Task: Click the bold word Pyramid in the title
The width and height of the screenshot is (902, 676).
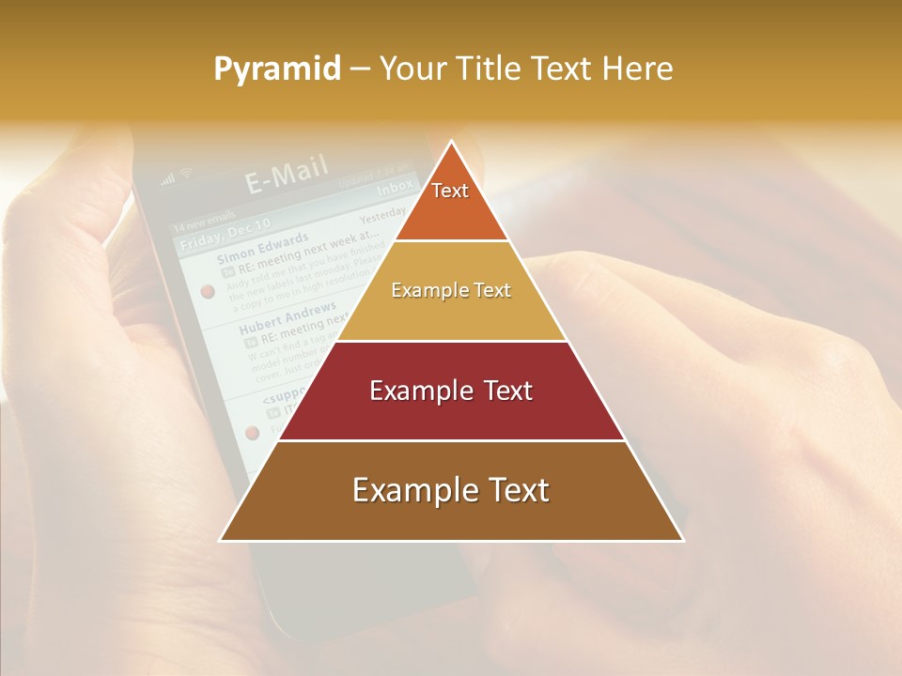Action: [x=277, y=69]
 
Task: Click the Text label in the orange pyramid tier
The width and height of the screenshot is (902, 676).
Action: [x=450, y=191]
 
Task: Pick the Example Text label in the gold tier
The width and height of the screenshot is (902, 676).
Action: [x=451, y=290]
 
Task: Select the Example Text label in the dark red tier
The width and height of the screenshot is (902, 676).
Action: [x=451, y=391]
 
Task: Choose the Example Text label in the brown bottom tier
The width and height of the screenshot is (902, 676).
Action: [x=451, y=490]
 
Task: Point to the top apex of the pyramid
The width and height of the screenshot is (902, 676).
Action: [x=452, y=142]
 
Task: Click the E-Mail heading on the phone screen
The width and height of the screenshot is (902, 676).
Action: [x=287, y=175]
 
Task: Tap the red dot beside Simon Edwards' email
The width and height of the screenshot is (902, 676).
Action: [x=208, y=292]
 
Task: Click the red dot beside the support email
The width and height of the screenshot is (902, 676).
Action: [x=252, y=433]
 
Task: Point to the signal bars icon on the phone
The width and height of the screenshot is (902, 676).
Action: [x=168, y=178]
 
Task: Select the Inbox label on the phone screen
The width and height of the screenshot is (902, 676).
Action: [x=395, y=188]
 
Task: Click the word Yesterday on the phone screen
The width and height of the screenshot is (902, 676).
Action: [x=383, y=214]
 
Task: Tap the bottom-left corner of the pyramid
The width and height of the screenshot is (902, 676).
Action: [x=221, y=540]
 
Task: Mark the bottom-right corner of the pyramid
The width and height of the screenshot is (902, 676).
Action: [x=683, y=540]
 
